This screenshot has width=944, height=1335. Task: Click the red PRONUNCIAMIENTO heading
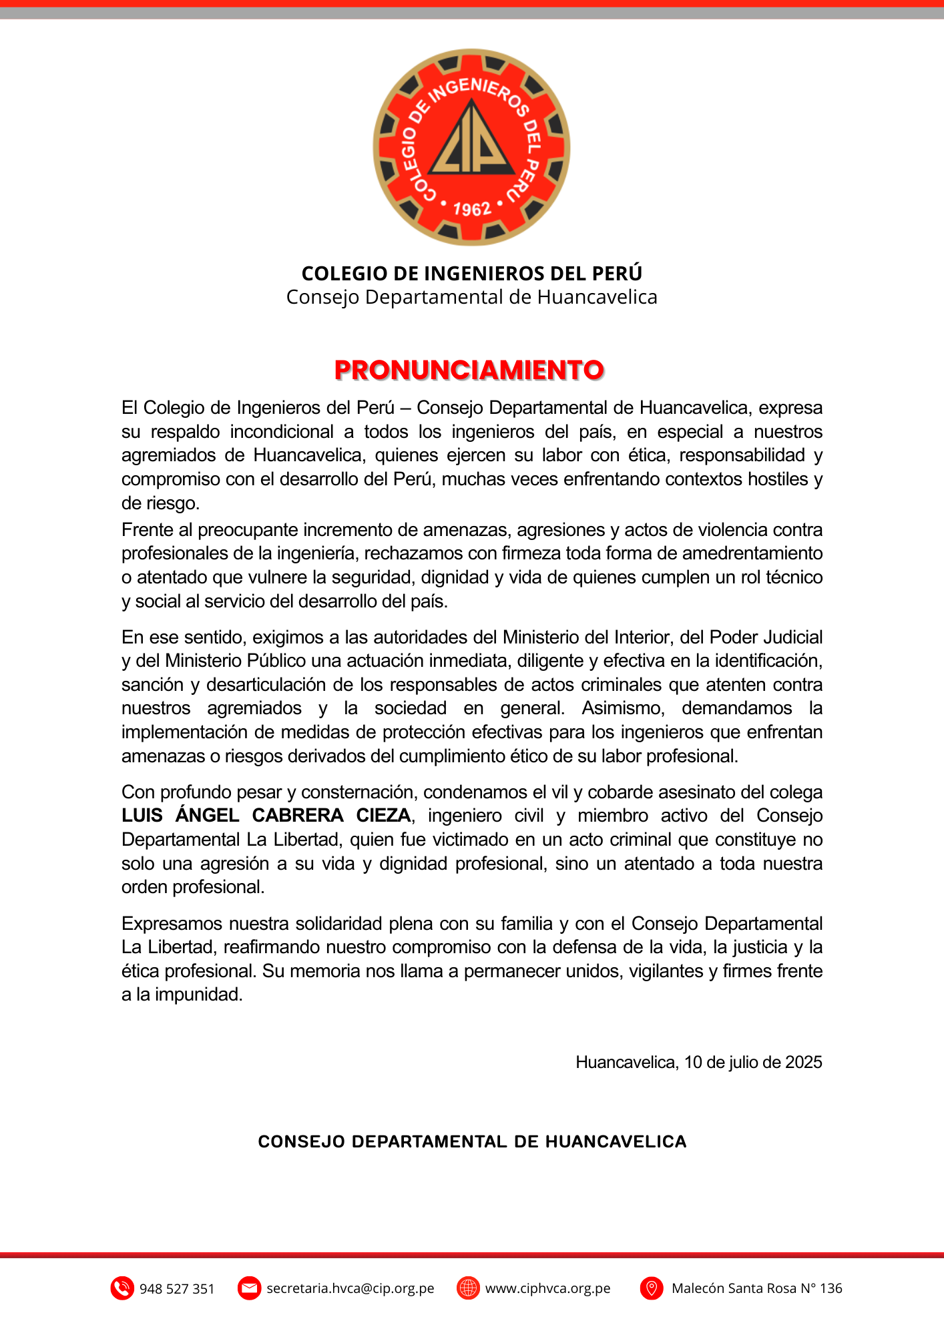(x=469, y=370)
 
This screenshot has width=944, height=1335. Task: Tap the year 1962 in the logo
(x=472, y=210)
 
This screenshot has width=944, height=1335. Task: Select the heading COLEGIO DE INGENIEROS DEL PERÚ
(x=472, y=273)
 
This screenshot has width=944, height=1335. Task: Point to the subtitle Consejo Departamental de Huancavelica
(x=472, y=297)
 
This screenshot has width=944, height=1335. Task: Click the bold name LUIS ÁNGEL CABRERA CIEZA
(x=266, y=816)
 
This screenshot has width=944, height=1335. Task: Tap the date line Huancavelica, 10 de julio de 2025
(x=698, y=1062)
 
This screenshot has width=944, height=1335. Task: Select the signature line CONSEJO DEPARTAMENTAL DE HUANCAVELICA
(x=472, y=1141)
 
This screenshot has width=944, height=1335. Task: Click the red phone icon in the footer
(x=122, y=1288)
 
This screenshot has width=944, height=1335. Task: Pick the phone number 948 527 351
(x=177, y=1289)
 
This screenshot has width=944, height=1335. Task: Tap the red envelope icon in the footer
(x=249, y=1288)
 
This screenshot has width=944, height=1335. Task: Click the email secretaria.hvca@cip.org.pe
(x=350, y=1288)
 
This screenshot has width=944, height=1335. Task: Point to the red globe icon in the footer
(x=468, y=1288)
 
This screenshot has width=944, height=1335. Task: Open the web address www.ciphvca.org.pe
(x=547, y=1288)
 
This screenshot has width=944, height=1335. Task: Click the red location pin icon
(x=651, y=1288)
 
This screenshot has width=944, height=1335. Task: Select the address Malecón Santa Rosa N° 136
(x=756, y=1288)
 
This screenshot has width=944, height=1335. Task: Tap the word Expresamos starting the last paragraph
(x=172, y=924)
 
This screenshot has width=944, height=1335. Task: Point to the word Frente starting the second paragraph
(x=147, y=530)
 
